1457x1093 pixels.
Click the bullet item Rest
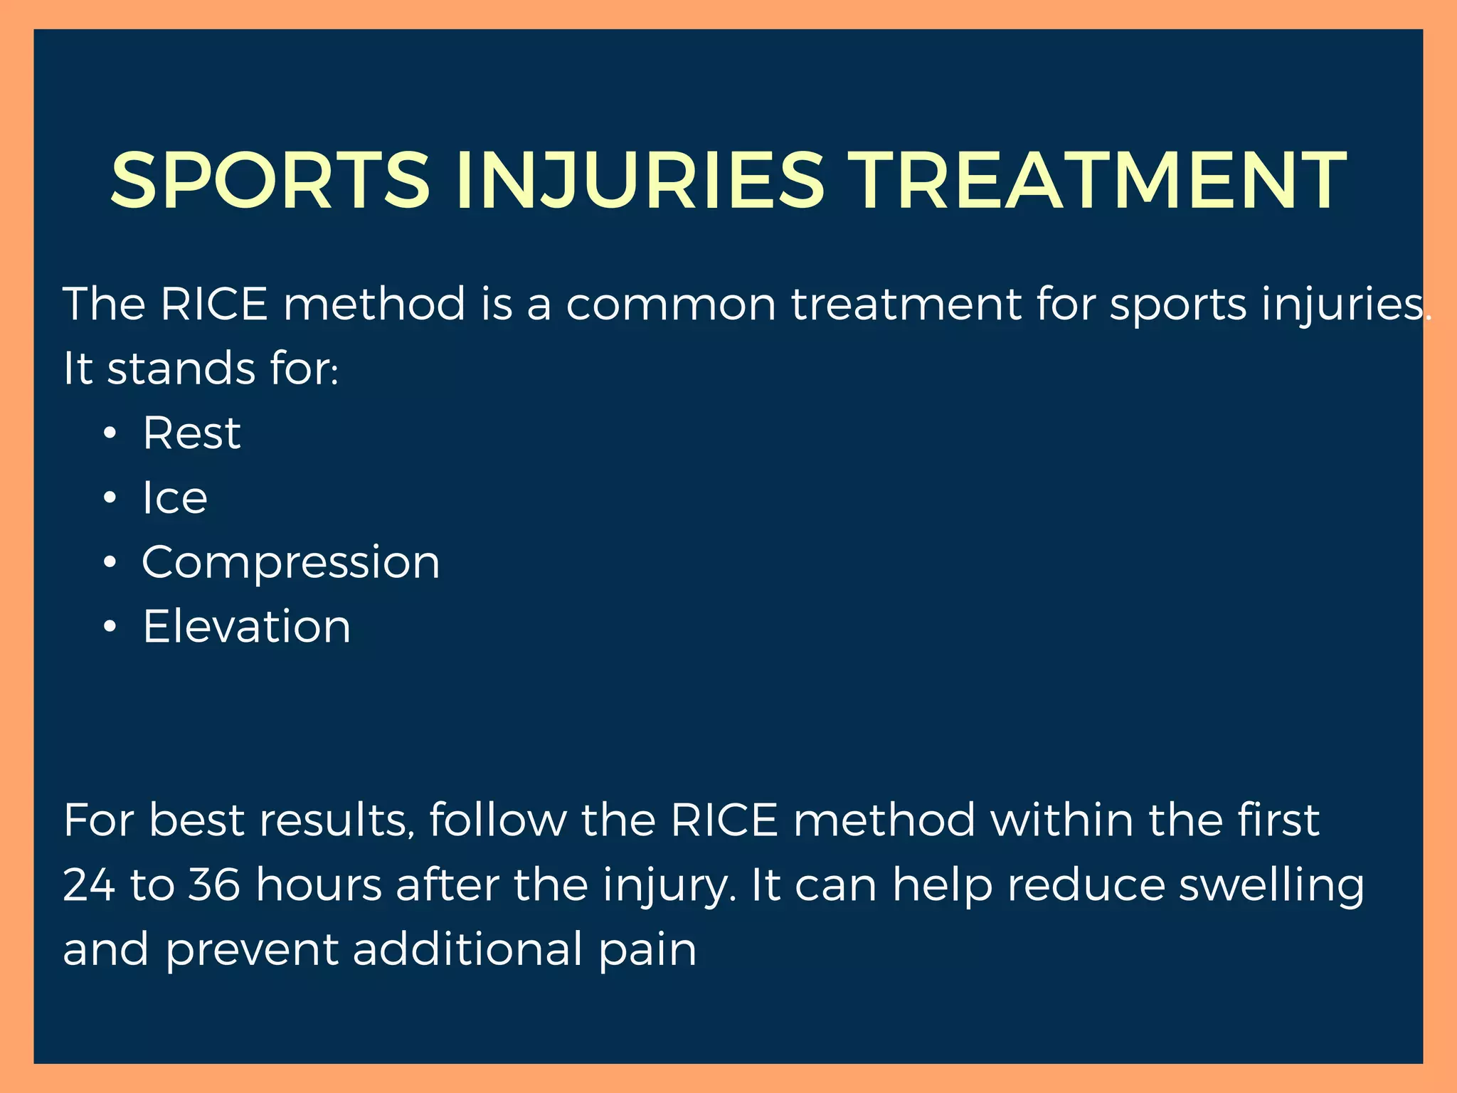coord(191,433)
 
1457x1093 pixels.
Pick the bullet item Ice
coord(175,497)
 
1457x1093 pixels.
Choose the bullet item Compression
coord(291,562)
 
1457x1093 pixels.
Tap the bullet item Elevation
coord(247,626)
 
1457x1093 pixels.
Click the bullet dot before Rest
coord(109,434)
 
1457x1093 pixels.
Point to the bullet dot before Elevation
coord(109,628)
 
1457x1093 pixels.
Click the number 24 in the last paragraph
coord(89,885)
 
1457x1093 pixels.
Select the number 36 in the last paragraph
coord(214,885)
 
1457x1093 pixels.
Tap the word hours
coord(318,885)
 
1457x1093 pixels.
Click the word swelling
coord(1271,886)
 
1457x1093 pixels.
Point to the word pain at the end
coord(647,951)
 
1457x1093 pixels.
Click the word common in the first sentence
coord(671,305)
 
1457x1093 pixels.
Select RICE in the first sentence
coord(214,304)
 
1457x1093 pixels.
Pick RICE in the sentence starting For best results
coord(724,820)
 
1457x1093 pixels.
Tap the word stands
coord(181,369)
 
